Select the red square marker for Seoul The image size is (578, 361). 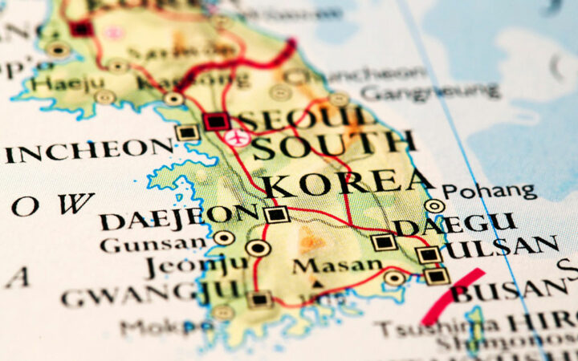(216, 121)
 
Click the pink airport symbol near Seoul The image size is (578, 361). (235, 138)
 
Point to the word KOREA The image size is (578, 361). (346, 183)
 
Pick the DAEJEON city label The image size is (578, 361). (178, 217)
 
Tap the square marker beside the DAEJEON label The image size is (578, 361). (276, 214)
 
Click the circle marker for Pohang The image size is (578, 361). (434, 206)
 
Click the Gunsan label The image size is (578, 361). (153, 243)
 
